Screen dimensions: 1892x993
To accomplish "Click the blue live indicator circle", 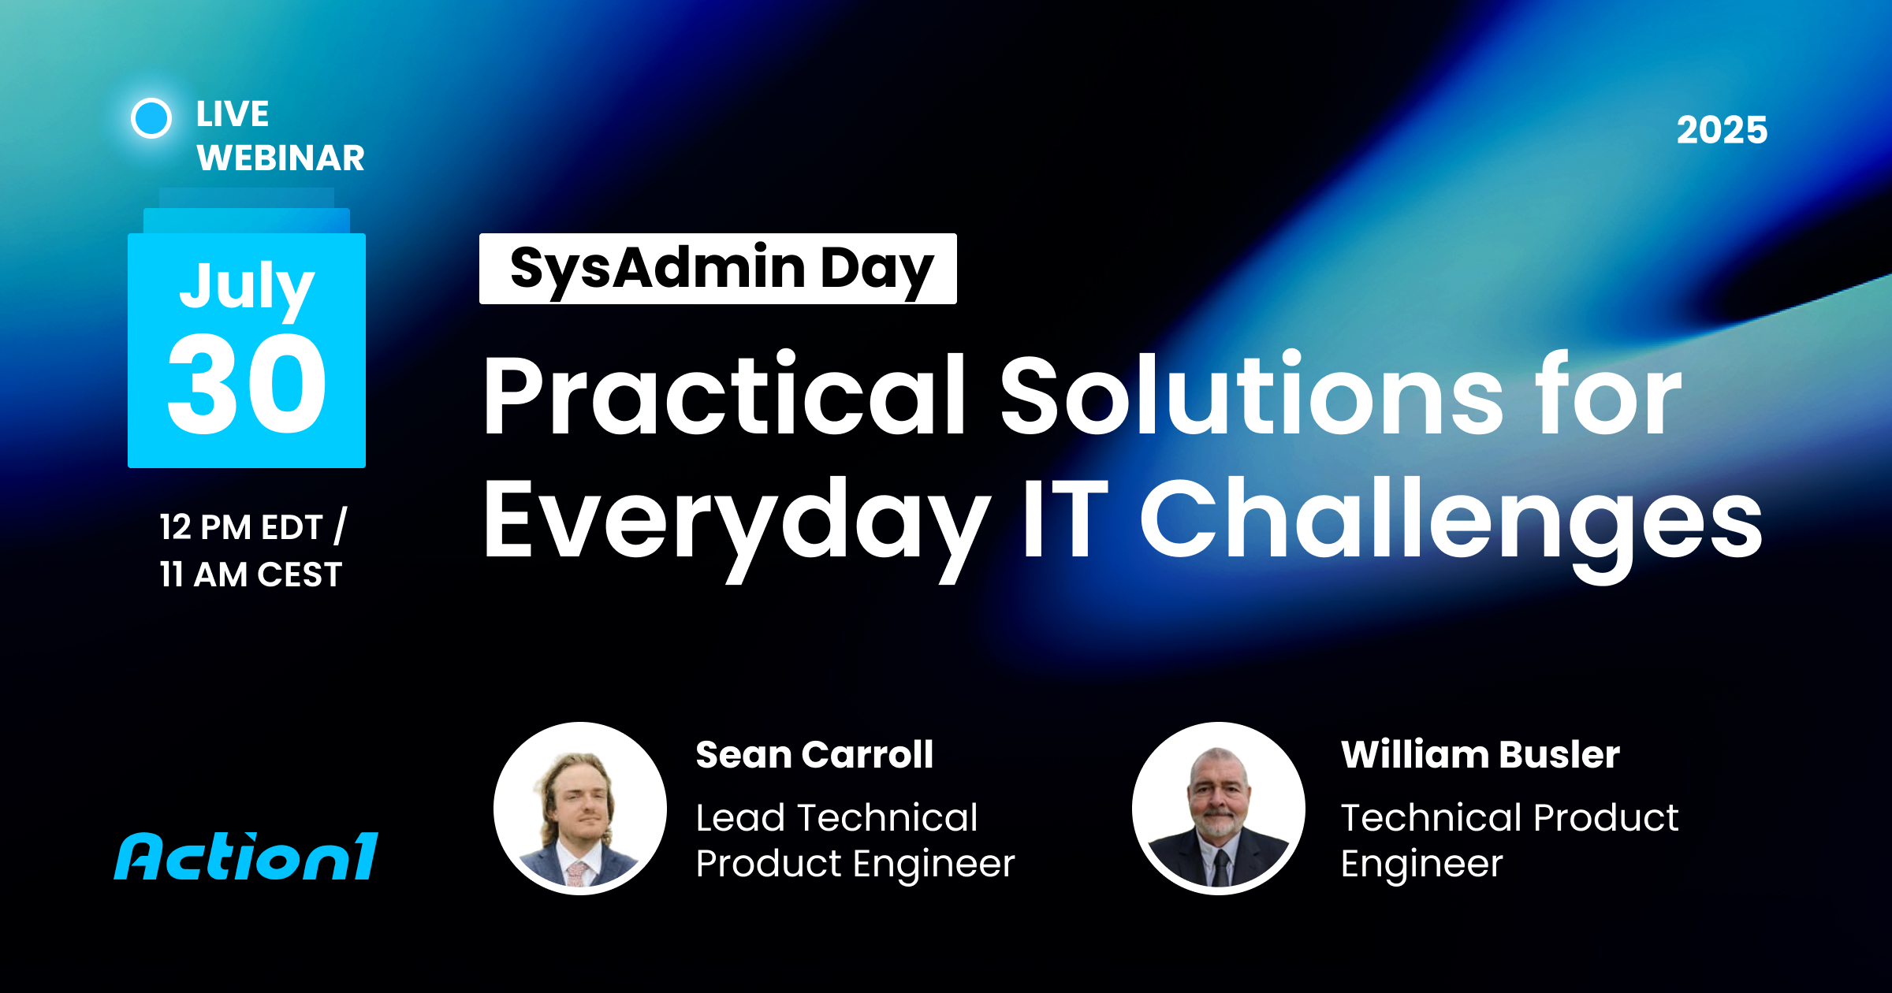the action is (151, 118).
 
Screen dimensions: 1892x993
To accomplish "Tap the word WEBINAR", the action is (281, 158).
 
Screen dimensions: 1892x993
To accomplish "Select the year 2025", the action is (1722, 130).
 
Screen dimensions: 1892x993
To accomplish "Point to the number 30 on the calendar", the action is (247, 383).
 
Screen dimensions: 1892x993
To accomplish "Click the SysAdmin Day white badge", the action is (718, 269).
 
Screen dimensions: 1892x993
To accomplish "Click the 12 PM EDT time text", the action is (241, 527).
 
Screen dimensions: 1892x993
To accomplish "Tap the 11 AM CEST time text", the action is (251, 575).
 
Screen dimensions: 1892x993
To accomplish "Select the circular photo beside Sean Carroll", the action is (580, 809).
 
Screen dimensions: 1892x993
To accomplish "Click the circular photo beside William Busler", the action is (1219, 809).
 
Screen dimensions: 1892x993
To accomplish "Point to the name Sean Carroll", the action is (814, 754).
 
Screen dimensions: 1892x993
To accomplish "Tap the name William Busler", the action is (1480, 754).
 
